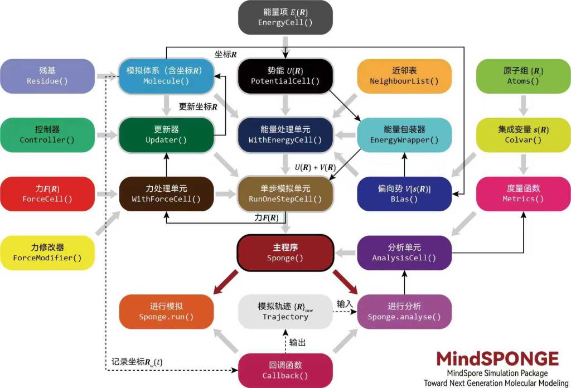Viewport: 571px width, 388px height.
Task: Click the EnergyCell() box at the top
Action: [x=285, y=17]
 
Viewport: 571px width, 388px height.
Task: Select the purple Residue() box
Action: [x=47, y=76]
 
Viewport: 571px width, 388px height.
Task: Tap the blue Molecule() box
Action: [x=166, y=76]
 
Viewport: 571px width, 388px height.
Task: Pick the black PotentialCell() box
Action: [x=285, y=76]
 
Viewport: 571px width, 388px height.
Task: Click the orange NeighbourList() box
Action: [x=404, y=76]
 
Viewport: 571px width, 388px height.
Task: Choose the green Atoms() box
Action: [x=523, y=76]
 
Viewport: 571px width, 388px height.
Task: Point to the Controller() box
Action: [x=47, y=135]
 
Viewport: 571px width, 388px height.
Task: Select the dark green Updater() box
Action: [x=166, y=135]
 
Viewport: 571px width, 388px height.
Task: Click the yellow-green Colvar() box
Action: [x=523, y=135]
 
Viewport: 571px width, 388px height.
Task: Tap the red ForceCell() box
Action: [x=47, y=194]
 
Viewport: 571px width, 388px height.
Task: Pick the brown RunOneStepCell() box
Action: [x=285, y=194]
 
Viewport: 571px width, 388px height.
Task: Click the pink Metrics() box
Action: [x=523, y=194]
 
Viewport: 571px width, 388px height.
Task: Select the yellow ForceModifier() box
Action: [x=47, y=253]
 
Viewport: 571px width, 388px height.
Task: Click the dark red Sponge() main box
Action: [x=285, y=253]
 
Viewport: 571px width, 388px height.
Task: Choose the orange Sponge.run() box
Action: [x=166, y=312]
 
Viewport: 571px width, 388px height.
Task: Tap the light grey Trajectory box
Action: [x=285, y=312]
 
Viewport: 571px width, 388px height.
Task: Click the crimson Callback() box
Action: [x=285, y=371]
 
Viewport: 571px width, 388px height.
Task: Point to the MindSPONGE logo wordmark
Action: [x=497, y=359]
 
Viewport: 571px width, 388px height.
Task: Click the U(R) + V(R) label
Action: [x=315, y=167]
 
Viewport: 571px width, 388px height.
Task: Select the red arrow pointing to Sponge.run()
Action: [x=226, y=282]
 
